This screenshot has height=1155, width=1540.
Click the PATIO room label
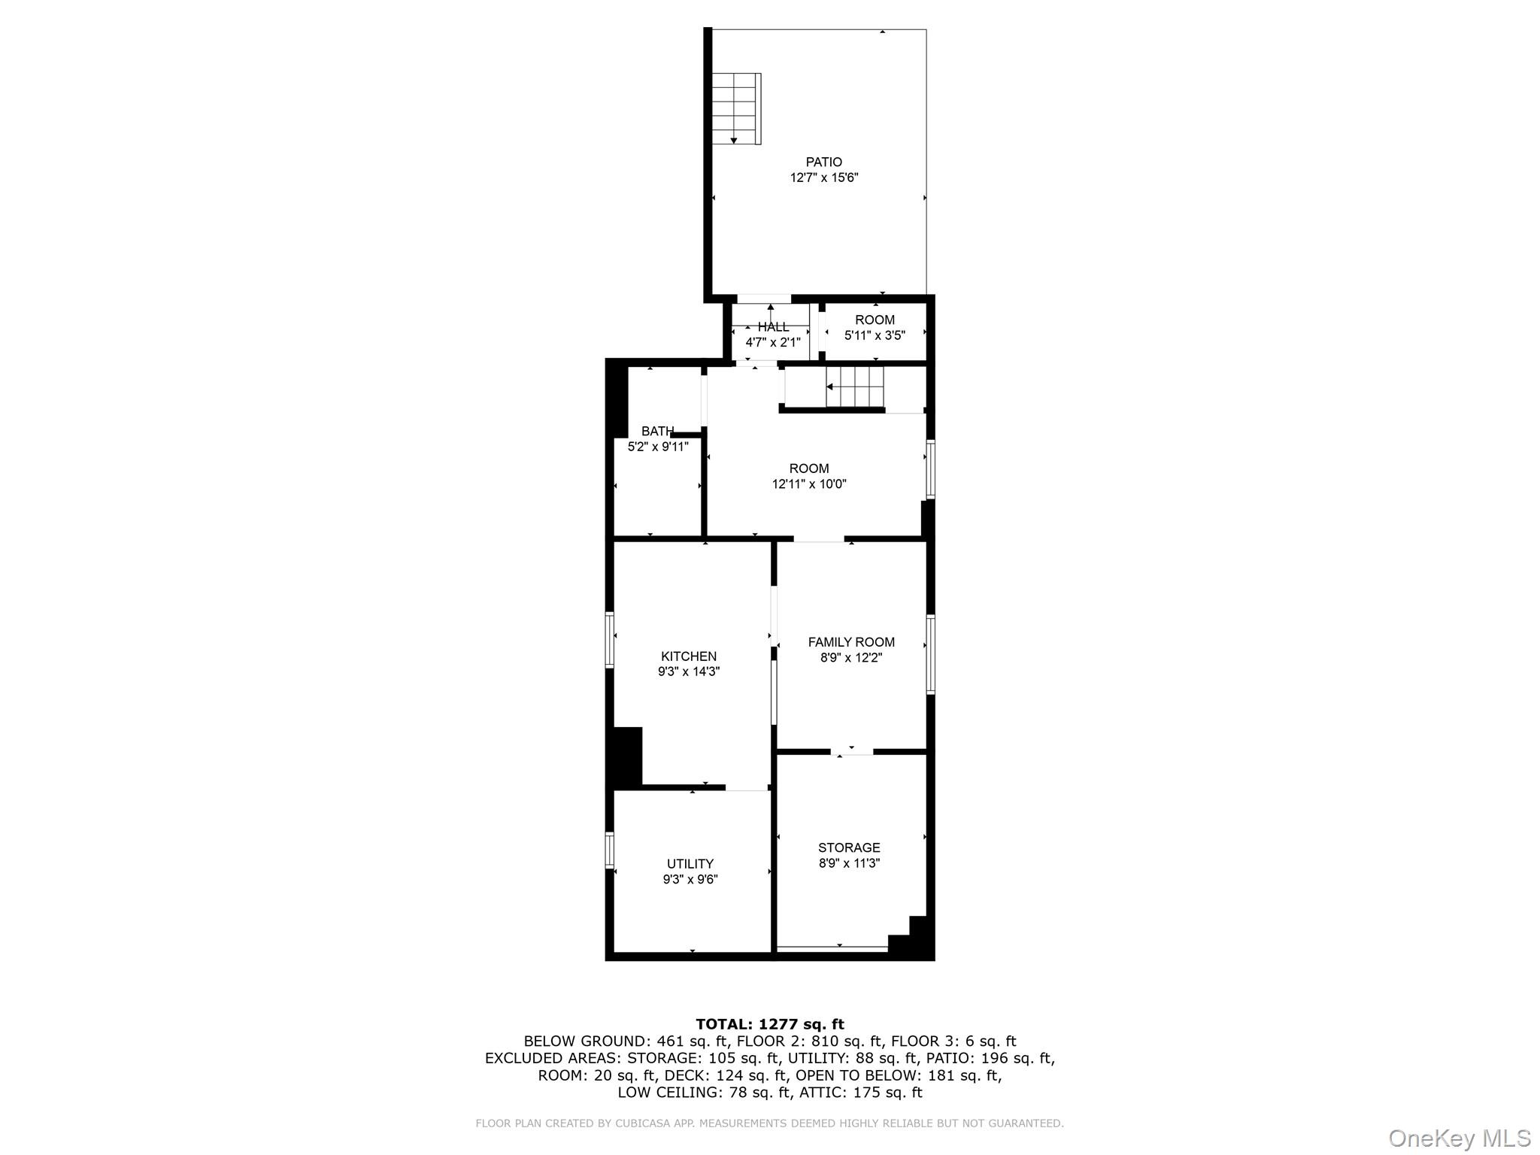(823, 162)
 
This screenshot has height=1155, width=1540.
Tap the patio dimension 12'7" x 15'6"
(823, 178)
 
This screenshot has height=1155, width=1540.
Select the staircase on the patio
(736, 108)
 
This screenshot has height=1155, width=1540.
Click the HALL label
(773, 327)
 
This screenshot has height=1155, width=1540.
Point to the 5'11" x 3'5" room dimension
(875, 335)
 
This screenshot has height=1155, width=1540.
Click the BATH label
(657, 431)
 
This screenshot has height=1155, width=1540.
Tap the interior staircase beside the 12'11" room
(855, 387)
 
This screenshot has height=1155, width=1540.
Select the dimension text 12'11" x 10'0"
(809, 484)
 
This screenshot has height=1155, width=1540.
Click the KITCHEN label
(688, 656)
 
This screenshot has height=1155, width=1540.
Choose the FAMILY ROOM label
(851, 642)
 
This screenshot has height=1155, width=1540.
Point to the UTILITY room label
(690, 864)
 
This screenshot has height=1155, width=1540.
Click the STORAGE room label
(849, 847)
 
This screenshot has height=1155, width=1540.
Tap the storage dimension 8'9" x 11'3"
(849, 863)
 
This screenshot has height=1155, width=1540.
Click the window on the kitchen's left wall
(610, 639)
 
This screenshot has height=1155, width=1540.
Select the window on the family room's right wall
(930, 654)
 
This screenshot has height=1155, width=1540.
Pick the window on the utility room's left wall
(610, 850)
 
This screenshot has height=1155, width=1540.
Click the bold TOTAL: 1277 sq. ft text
(769, 1024)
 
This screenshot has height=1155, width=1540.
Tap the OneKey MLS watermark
(1459, 1138)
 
